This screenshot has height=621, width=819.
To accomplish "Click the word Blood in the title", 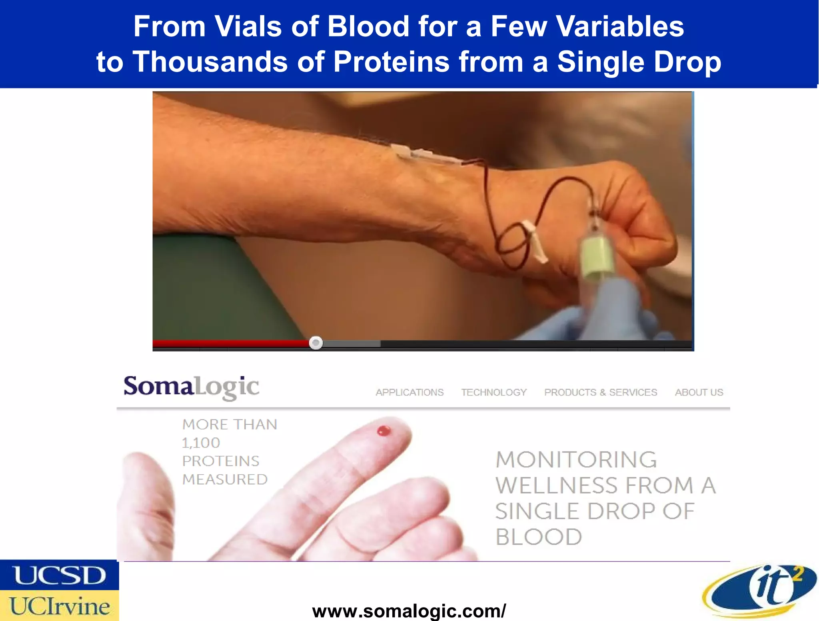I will pyautogui.click(x=368, y=26).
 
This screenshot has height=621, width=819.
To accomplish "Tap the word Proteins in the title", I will pyautogui.click(x=392, y=62).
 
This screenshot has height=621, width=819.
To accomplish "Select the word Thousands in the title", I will pyautogui.click(x=210, y=62).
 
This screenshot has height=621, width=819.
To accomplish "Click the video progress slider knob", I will pyautogui.click(x=316, y=343).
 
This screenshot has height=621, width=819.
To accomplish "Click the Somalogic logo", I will pyautogui.click(x=191, y=387).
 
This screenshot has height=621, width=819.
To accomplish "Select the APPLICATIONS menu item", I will pyautogui.click(x=409, y=392).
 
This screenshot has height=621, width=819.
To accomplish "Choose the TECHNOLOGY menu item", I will pyautogui.click(x=494, y=392).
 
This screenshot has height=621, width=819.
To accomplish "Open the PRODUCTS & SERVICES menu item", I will pyautogui.click(x=601, y=392).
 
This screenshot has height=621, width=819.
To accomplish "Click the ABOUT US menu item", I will pyautogui.click(x=699, y=392).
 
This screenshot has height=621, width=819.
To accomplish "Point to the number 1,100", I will pyautogui.click(x=201, y=443).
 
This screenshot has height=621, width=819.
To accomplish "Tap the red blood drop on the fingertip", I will pyautogui.click(x=384, y=431).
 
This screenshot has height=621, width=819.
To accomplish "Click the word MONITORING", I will pyautogui.click(x=576, y=460).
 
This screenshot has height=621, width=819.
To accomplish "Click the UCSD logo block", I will pyautogui.click(x=59, y=575).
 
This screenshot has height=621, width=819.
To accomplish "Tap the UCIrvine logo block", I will pyautogui.click(x=59, y=606).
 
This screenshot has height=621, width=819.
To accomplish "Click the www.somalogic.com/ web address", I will pyautogui.click(x=409, y=611).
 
